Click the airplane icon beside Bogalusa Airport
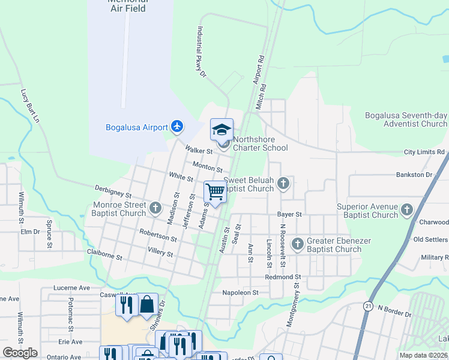pyautogui.click(x=176, y=127)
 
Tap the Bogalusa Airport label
pyautogui.click(x=136, y=127)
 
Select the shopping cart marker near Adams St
pyautogui.click(x=215, y=192)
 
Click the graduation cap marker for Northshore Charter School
pyautogui.click(x=221, y=130)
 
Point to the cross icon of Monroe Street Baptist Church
pyautogui.click(x=155, y=208)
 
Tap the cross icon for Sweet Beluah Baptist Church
pyautogui.click(x=283, y=184)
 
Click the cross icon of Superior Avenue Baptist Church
pyautogui.click(x=407, y=209)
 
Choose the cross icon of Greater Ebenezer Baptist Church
pyautogui.click(x=297, y=244)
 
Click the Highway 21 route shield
pyautogui.click(x=366, y=306)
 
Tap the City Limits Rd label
pyautogui.click(x=424, y=152)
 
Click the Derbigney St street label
pyautogui.click(x=113, y=191)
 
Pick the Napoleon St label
pyautogui.click(x=240, y=293)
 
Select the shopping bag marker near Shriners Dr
pyautogui.click(x=147, y=305)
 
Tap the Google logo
pyautogui.click(x=20, y=353)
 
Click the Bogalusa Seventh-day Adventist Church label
pyautogui.click(x=406, y=119)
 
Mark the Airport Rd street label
pyautogui.click(x=259, y=70)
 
